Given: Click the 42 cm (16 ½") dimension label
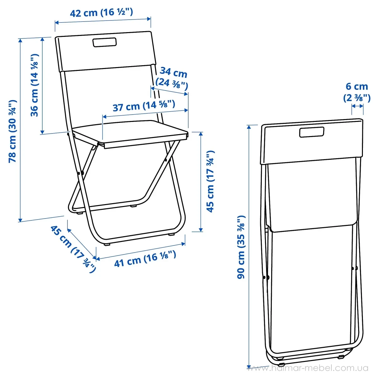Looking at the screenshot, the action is coord(101,13).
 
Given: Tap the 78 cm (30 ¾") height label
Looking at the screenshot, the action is coord(13,131).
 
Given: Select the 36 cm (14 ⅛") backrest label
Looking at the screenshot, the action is coord(35,85).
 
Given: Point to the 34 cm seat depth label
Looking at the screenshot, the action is coord(173,72).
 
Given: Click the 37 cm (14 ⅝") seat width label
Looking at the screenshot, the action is coord(144,106).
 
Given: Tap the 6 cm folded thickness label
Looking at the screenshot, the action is coord(357,87).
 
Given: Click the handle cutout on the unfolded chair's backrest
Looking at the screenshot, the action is coord(105,42).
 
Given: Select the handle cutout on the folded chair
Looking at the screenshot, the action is coord(312,132).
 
